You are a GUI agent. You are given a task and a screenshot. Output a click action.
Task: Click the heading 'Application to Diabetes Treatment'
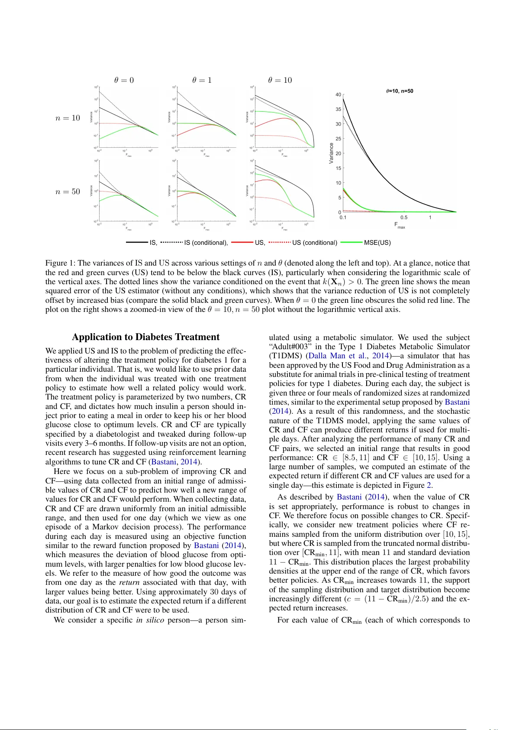145,337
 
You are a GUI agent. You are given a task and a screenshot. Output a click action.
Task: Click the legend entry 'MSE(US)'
377,243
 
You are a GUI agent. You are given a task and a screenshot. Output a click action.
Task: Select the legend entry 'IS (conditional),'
206,243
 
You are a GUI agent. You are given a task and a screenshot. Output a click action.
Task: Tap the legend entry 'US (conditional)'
314,243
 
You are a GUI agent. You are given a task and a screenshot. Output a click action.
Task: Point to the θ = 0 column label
124,80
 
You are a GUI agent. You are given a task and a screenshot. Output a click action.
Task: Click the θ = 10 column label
280,80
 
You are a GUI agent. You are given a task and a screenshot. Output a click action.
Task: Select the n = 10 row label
68,118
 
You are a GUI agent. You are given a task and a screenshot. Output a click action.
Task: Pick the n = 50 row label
68,191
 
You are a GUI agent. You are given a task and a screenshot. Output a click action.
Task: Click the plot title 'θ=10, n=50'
400,91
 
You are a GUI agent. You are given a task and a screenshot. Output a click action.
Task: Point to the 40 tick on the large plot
338,94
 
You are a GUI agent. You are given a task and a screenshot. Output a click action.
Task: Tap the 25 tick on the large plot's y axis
338,139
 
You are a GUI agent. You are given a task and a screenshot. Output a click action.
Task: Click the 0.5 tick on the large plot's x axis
404,217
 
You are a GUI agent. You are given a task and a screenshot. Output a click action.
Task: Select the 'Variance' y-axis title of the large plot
332,153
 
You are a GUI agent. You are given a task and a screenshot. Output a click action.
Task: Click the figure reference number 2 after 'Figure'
429,485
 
